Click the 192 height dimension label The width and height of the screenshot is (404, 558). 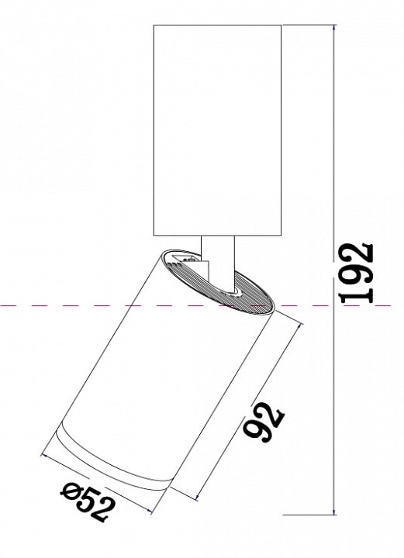click(x=357, y=274)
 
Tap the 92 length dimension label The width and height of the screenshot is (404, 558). click(x=264, y=422)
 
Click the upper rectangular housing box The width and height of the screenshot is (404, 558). click(x=217, y=130)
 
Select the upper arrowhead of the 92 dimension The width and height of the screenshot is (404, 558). click(x=300, y=326)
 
